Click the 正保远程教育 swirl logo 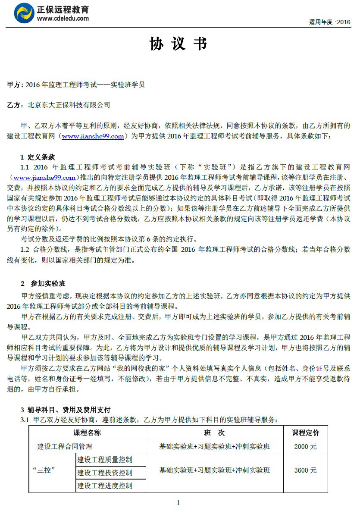pos(24,13)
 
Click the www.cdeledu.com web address pos(63,19)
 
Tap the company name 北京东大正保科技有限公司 pos(69,105)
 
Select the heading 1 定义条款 pos(38,157)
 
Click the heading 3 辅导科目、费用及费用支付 pos(66,410)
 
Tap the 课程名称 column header pos(87,433)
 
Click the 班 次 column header pos(214,433)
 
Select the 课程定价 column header pos(305,433)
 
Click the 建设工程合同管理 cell pos(65,446)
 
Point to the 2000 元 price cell pos(305,446)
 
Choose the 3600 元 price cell pos(305,470)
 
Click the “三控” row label pos(44,470)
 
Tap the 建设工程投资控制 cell pos(105,473)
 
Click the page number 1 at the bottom pos(178,502)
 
